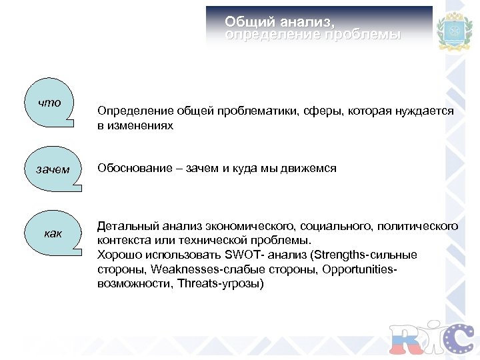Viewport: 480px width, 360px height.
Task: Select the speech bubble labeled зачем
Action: click(x=53, y=169)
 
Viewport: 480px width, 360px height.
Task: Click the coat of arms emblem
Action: click(x=453, y=32)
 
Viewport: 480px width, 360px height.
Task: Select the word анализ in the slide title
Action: click(x=307, y=21)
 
